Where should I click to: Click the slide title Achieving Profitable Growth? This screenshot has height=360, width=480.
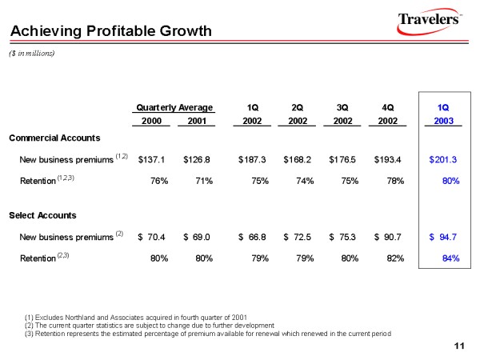point(110,31)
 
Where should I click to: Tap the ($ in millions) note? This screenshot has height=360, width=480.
point(31,52)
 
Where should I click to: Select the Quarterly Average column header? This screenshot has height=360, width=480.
point(174,107)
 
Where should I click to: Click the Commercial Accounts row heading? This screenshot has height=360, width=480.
point(54,138)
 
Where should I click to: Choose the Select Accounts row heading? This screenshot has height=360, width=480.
point(42,215)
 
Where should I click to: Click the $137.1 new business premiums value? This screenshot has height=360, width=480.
point(152,159)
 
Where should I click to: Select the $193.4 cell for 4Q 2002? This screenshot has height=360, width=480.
point(390,159)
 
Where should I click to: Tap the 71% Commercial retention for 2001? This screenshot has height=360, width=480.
point(203,181)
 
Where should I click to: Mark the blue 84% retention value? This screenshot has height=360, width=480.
point(450,258)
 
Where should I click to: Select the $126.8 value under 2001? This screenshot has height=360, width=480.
point(197,159)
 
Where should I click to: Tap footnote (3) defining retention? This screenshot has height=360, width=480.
point(208,333)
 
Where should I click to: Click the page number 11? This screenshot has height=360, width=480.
point(459,346)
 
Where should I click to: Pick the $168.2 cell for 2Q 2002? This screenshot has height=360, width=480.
point(298,159)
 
